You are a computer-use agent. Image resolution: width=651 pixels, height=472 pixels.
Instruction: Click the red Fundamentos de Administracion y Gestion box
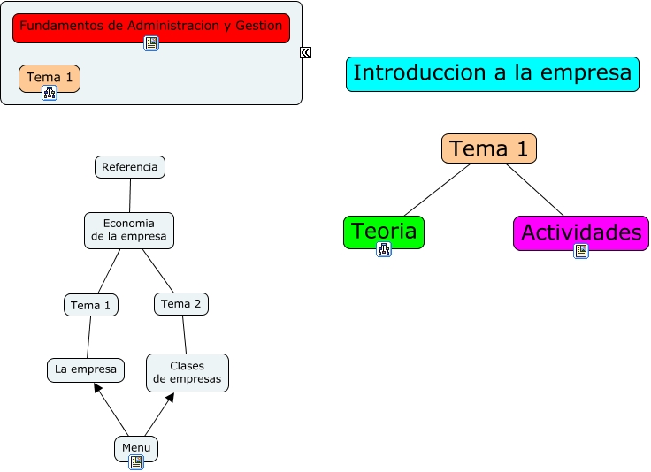(x=150, y=27)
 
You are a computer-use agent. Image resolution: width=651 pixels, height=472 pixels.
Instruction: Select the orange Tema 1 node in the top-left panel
(x=50, y=77)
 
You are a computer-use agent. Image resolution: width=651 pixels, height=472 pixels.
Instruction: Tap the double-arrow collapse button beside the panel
(x=305, y=52)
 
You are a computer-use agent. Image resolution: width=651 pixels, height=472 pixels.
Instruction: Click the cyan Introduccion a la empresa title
(x=492, y=73)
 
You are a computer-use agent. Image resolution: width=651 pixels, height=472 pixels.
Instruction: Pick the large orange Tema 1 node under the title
(x=488, y=148)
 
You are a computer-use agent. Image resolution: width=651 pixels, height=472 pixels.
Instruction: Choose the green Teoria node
(x=384, y=231)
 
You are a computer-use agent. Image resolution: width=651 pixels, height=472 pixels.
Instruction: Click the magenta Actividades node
(x=580, y=232)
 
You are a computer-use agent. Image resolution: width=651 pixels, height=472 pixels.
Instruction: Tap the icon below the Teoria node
(x=384, y=249)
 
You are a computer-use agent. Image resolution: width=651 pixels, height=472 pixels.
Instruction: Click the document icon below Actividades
(x=581, y=251)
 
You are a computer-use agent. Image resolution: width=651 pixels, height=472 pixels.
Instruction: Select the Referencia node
(x=130, y=166)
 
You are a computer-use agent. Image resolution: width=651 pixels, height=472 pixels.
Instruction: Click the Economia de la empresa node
(x=129, y=230)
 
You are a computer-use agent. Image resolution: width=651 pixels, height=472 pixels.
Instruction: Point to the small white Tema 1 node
(x=91, y=305)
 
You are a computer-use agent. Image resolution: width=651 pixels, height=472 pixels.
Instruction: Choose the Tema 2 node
(x=180, y=304)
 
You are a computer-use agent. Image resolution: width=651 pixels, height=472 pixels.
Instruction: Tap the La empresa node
(x=86, y=369)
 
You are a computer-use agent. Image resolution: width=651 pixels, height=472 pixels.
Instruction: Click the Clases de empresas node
(x=187, y=372)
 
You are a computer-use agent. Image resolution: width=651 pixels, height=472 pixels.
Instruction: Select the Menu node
(x=136, y=447)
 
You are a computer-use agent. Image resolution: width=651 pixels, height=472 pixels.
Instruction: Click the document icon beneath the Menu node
(x=136, y=461)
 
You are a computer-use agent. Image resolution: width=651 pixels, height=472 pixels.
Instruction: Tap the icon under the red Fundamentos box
(x=151, y=43)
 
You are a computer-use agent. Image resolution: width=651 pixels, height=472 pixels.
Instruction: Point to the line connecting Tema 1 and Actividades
(x=535, y=189)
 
